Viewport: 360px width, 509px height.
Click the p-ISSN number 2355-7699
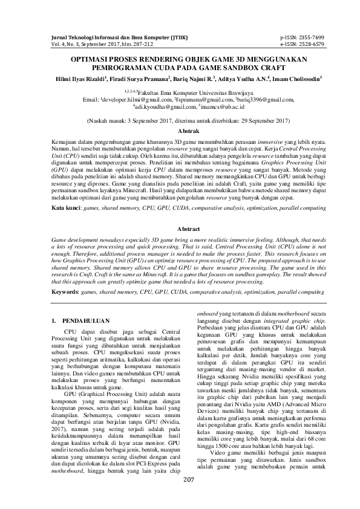[x=310, y=37]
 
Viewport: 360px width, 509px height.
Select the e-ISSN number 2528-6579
[x=310, y=44]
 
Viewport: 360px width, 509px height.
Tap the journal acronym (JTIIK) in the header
[x=165, y=37]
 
